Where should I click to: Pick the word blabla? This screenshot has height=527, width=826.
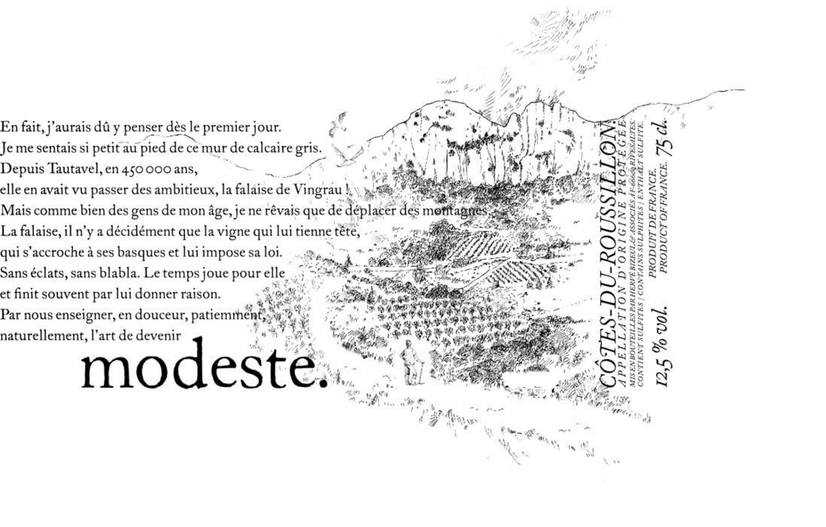coord(117,272)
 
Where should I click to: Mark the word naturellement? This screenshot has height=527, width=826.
coord(43,335)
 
